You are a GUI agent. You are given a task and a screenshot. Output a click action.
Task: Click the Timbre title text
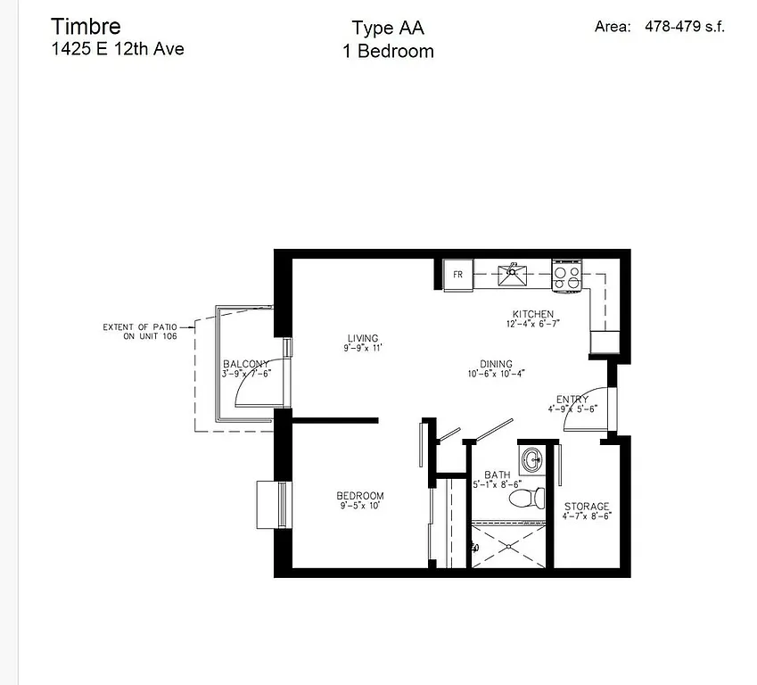coord(86,25)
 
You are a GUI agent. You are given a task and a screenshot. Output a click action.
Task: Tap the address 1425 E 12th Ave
coord(118,49)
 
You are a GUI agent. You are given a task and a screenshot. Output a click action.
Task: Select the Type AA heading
coord(387,28)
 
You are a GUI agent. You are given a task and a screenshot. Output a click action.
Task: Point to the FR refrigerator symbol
coord(457,274)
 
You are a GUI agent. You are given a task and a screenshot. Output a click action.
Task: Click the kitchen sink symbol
coord(514,273)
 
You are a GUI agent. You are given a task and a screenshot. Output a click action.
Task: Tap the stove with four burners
coord(567,275)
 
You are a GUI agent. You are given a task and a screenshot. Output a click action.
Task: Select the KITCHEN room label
coord(533,314)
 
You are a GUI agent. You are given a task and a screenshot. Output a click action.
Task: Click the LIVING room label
coord(363,338)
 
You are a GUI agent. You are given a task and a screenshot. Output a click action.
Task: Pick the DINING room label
coord(496,364)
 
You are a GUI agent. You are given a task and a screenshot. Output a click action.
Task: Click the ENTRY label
coord(572,400)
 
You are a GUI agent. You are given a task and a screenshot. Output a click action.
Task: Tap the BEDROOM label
coord(360,496)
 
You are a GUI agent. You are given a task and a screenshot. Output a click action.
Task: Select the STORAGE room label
coord(587,507)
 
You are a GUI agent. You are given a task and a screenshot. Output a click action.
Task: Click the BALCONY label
coord(245,364)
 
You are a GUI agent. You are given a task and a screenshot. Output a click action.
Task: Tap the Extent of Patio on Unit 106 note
coord(138,332)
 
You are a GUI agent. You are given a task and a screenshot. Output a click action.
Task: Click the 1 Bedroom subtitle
coord(388,52)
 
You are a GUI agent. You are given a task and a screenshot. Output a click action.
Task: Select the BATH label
coord(497,475)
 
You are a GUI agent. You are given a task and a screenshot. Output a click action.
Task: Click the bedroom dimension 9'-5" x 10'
coord(360,507)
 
